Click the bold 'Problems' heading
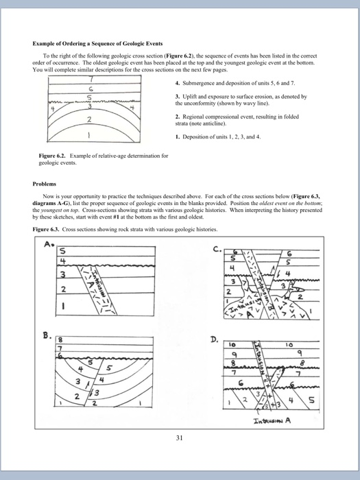pyautogui.click(x=45, y=184)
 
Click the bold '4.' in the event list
pyautogui.click(x=178, y=83)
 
